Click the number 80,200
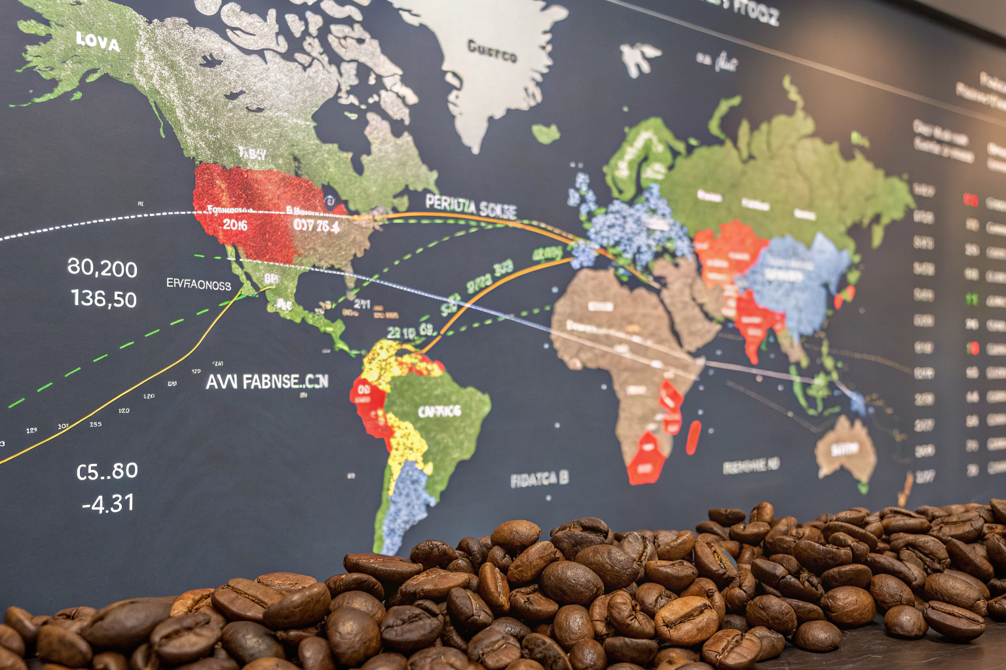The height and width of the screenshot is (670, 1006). [x=102, y=268]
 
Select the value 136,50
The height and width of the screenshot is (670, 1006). [x=103, y=299]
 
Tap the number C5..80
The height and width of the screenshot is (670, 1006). [x=107, y=471]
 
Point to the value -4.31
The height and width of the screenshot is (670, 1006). [x=108, y=503]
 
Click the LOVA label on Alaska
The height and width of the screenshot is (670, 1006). [x=98, y=42]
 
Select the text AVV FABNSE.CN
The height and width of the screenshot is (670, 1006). [x=267, y=381]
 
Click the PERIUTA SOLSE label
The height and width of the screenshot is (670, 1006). [x=470, y=207]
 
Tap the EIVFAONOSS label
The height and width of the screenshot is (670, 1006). [x=198, y=285]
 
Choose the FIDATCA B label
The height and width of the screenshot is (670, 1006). [x=539, y=480]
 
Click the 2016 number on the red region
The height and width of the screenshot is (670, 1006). [x=234, y=225]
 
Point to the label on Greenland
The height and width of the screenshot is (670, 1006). [x=492, y=51]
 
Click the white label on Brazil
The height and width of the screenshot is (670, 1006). [x=439, y=411]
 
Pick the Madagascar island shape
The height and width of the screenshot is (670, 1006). [x=694, y=437]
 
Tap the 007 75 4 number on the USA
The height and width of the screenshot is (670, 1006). [x=316, y=226]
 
